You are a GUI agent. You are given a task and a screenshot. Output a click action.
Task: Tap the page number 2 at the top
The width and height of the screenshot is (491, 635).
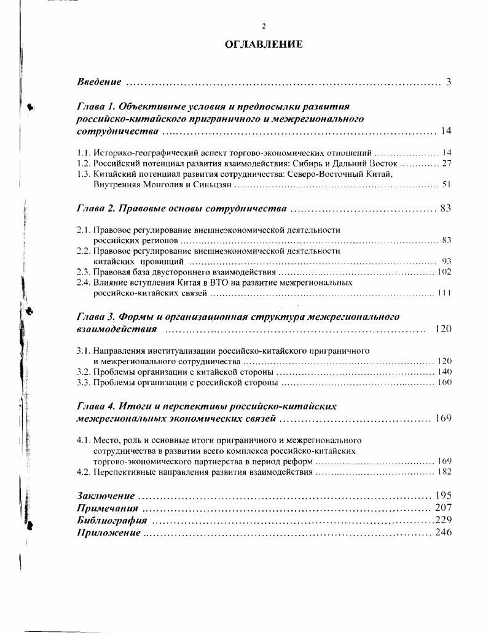click(x=264, y=26)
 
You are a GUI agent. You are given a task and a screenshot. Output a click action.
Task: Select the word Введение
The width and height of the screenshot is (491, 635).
click(x=99, y=82)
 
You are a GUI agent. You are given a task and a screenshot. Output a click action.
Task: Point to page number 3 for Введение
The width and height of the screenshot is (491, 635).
click(x=449, y=82)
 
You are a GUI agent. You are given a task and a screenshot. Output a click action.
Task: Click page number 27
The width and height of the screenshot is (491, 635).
click(x=447, y=163)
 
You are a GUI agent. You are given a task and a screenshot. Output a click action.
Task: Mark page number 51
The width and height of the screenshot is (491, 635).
click(x=447, y=184)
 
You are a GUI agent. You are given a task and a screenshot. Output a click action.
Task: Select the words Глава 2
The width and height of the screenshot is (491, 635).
click(x=96, y=209)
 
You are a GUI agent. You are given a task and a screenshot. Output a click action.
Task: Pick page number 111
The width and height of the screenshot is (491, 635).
click(x=445, y=293)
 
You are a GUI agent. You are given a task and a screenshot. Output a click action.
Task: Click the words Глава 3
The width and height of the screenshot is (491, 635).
click(x=96, y=317)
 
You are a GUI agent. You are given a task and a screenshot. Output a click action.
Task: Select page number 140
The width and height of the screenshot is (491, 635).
click(x=444, y=372)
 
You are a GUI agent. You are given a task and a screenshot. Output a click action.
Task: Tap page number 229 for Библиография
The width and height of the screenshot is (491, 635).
click(x=443, y=520)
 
